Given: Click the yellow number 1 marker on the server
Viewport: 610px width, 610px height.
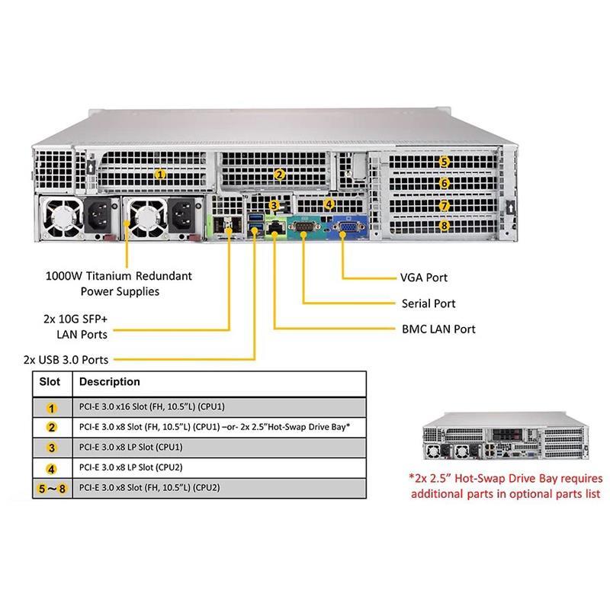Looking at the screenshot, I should tap(160, 174).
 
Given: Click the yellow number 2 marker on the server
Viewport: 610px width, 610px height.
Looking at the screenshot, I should tap(280, 175).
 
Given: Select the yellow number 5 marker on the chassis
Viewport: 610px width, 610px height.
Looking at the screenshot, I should tap(445, 162).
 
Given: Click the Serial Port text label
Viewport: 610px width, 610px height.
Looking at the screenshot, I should tap(429, 303).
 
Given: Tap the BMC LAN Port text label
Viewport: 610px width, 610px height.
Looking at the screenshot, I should tap(438, 329).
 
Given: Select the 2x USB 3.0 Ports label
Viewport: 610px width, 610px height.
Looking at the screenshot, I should tap(66, 359).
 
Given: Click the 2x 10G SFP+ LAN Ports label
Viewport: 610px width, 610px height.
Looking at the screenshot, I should tap(76, 327).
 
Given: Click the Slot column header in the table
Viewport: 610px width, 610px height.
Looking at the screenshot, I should tap(50, 382).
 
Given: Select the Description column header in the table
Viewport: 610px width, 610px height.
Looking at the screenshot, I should tap(110, 382).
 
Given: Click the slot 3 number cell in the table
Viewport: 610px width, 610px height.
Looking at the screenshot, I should tap(51, 447).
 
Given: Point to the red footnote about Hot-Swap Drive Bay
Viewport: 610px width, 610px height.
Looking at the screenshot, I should tap(506, 486).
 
